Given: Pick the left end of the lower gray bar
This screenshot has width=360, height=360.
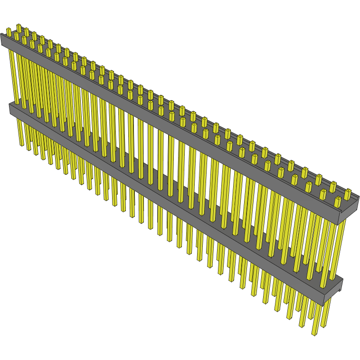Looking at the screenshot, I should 11,109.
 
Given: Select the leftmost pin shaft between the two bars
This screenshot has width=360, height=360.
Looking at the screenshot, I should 13,76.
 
